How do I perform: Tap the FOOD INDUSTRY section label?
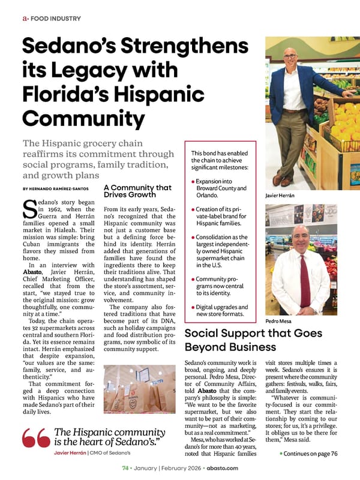(52, 19)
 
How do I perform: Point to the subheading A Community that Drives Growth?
(137, 191)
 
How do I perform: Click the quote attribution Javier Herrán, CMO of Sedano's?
(97, 452)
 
